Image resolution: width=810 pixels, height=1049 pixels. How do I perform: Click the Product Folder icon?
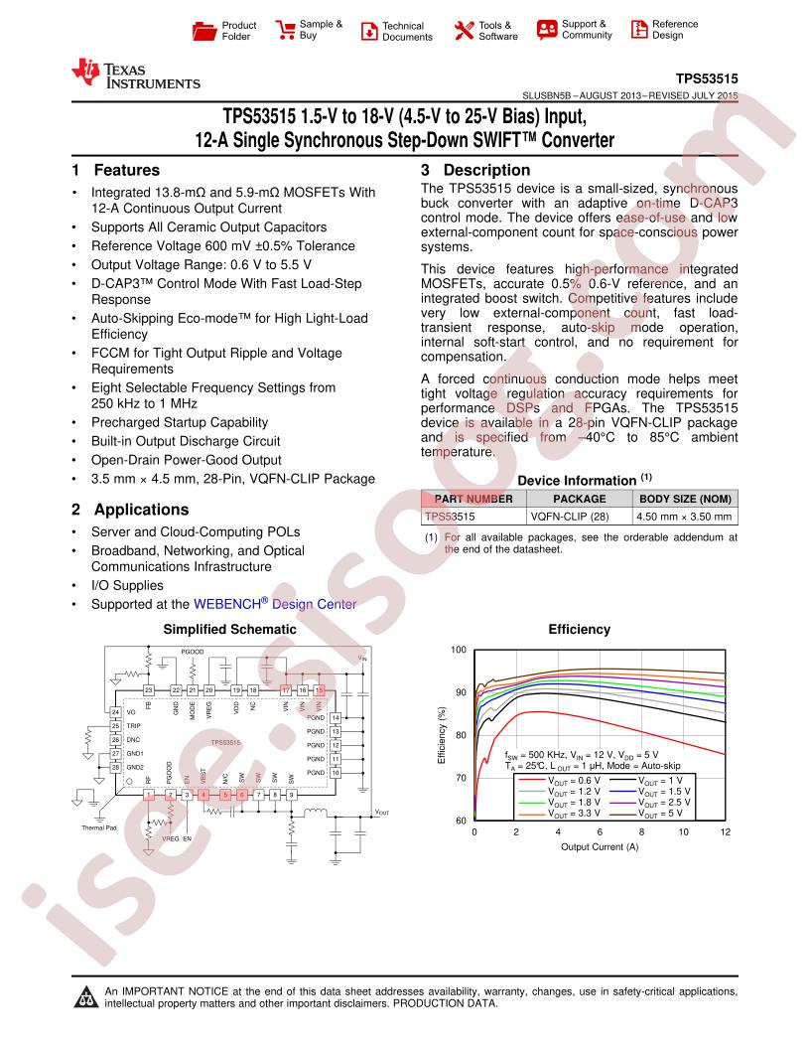pos(202,31)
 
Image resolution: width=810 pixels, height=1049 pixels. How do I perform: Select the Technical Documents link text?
pos(407,32)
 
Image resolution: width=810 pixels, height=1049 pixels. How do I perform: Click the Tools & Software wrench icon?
pos(464,30)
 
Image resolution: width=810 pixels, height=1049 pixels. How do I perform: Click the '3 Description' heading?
pos(474,170)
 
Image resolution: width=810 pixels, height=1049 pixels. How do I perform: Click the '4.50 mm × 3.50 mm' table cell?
pos(685,517)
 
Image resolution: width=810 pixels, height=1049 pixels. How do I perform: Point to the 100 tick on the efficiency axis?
pos(458,650)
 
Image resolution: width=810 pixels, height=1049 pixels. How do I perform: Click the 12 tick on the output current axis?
pos(726,831)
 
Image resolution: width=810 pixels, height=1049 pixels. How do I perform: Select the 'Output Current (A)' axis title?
pos(600,846)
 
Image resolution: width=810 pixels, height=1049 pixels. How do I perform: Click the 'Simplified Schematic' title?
pos(229,629)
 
